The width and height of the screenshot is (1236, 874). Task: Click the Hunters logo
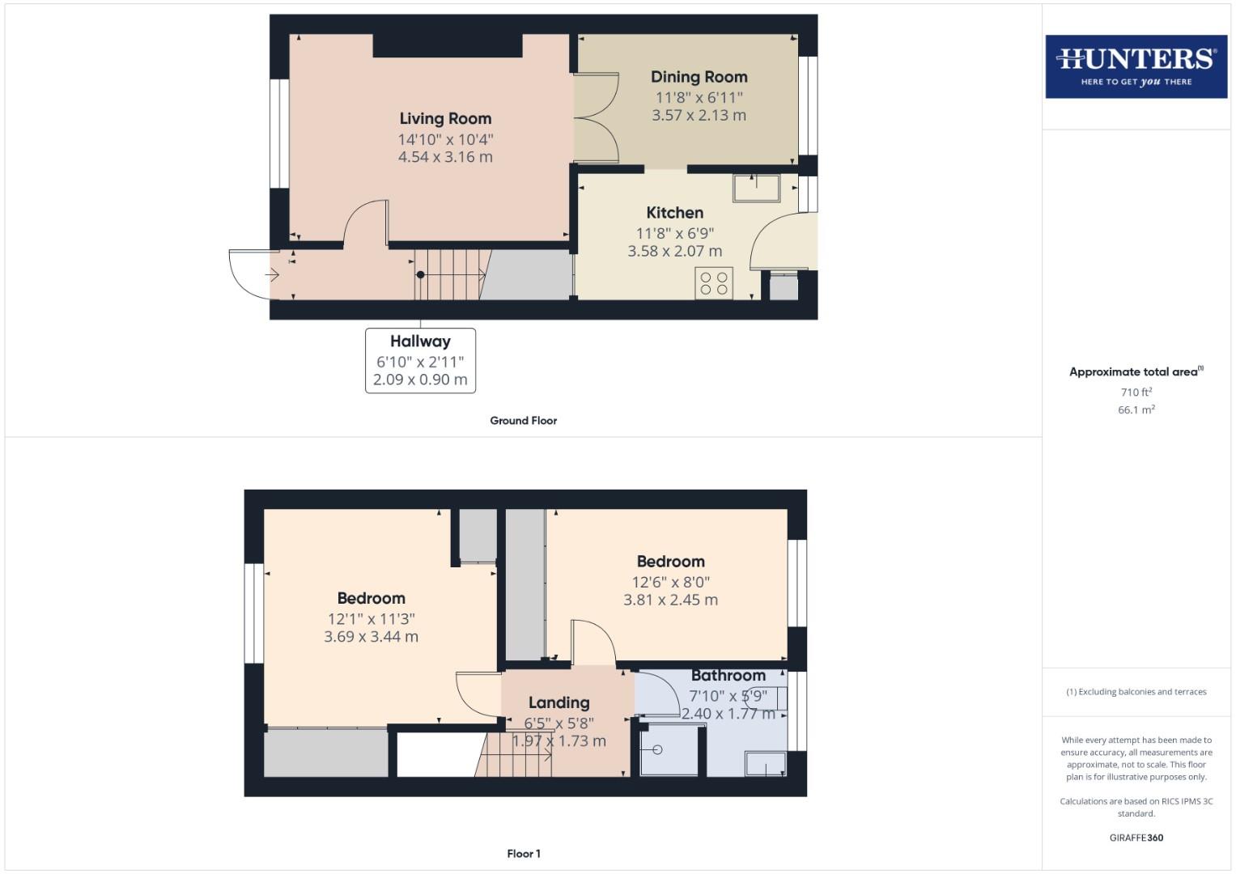tap(1136, 66)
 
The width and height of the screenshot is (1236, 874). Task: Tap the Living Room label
tap(445, 119)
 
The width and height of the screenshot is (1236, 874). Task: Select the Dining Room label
tap(699, 77)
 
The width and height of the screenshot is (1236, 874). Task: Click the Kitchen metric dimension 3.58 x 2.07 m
tap(674, 252)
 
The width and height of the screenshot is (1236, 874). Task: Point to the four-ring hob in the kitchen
tap(714, 283)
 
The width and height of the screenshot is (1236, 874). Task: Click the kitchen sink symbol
tap(756, 188)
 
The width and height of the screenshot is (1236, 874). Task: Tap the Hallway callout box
tap(420, 360)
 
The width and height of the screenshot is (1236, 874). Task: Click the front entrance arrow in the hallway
tap(273, 276)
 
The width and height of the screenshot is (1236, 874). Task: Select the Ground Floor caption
tap(523, 421)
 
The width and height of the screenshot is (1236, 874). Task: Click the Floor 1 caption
tap(523, 854)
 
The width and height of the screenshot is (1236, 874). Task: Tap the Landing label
tap(559, 702)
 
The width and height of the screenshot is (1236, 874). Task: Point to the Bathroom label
tap(728, 675)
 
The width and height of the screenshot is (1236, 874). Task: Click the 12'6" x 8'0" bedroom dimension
tap(670, 582)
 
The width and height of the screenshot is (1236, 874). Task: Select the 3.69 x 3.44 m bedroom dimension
tap(371, 637)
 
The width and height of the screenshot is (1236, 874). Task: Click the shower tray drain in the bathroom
tap(657, 750)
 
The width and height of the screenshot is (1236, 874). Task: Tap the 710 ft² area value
tap(1136, 392)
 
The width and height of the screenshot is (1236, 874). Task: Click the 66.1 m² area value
tap(1136, 409)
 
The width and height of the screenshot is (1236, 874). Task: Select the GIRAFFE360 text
tap(1136, 838)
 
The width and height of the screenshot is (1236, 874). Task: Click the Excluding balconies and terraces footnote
tap(1136, 692)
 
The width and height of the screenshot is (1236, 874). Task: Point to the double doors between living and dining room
tap(597, 118)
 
